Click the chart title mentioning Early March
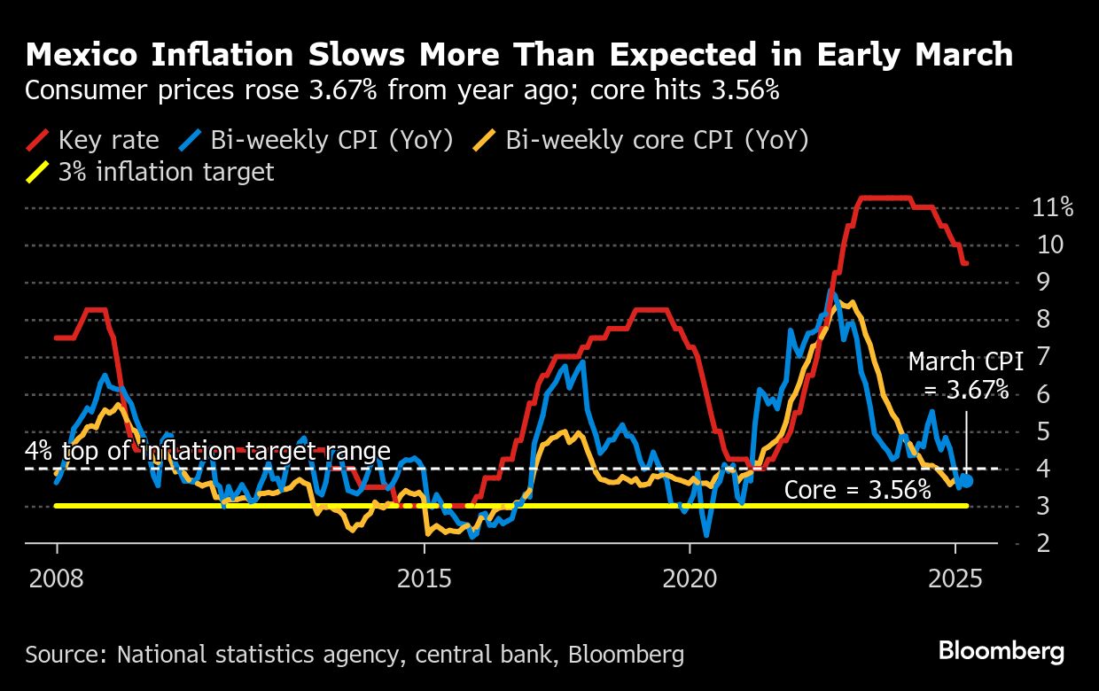click(x=518, y=55)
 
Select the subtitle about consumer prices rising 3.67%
click(x=402, y=90)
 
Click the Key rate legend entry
click(x=93, y=140)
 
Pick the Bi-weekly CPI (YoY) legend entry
click(x=315, y=140)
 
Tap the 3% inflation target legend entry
click(x=151, y=171)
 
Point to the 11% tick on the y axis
click(x=1053, y=208)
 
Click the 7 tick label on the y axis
click(x=1043, y=358)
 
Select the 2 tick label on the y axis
click(x=1043, y=543)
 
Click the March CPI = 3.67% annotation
click(x=965, y=376)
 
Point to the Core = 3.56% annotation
click(x=857, y=490)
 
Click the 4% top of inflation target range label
click(x=207, y=452)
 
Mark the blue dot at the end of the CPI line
click(x=967, y=480)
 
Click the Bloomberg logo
click(x=1002, y=652)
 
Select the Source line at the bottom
click(x=355, y=655)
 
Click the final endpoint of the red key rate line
click(x=966, y=263)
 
